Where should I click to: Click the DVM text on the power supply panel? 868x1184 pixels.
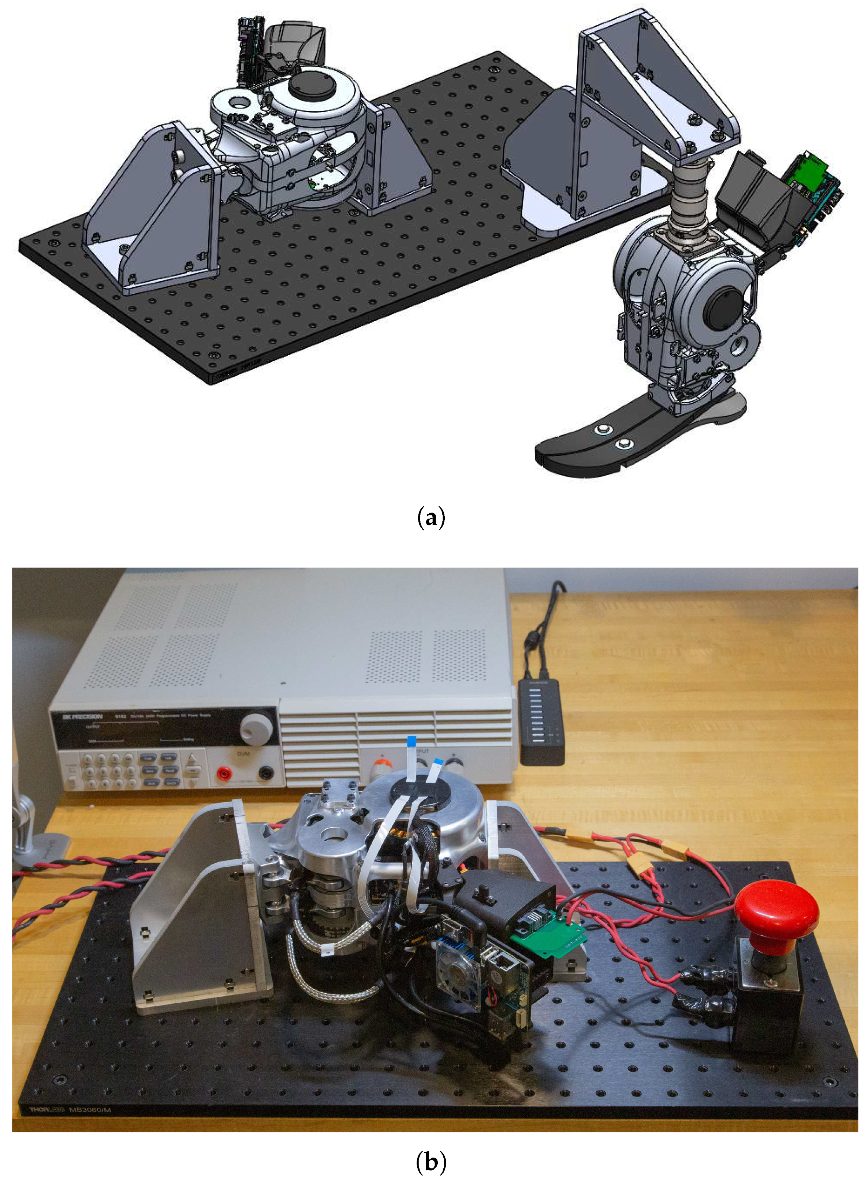click(x=243, y=753)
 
